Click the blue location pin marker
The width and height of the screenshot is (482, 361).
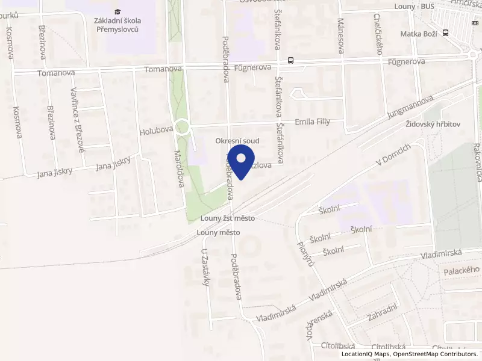(x=242, y=161)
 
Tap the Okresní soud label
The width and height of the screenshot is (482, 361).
(x=238, y=140)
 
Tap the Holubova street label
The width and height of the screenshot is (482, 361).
(x=155, y=131)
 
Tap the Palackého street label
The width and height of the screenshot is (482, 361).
(x=461, y=271)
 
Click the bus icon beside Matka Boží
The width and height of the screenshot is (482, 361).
(x=445, y=33)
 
